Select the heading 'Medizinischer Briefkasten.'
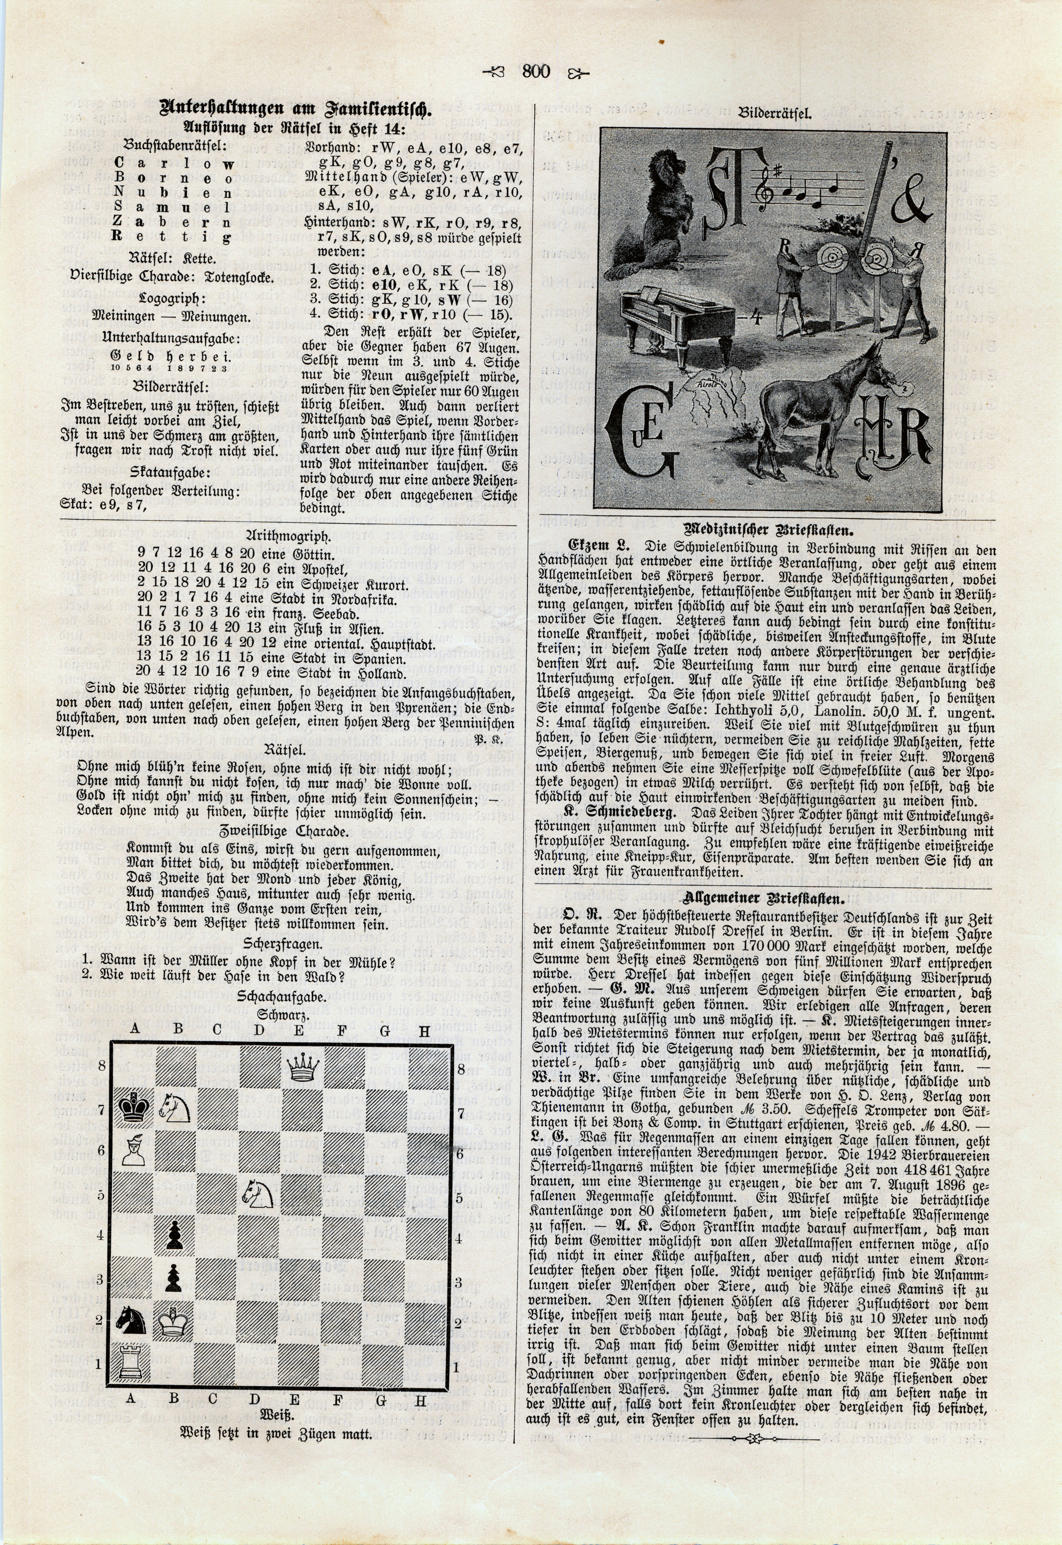click(x=763, y=531)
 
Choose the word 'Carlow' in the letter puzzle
click(x=174, y=163)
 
